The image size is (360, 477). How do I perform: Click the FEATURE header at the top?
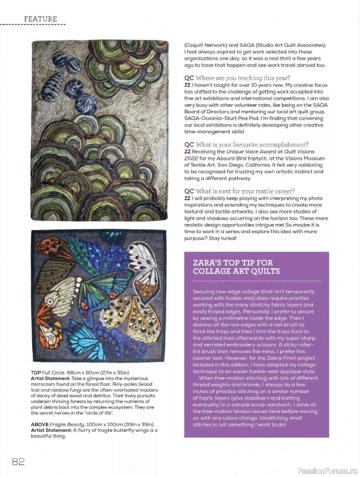coord(41,19)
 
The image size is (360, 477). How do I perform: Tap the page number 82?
coord(17,461)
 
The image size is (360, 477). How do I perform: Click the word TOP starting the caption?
coord(35,371)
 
